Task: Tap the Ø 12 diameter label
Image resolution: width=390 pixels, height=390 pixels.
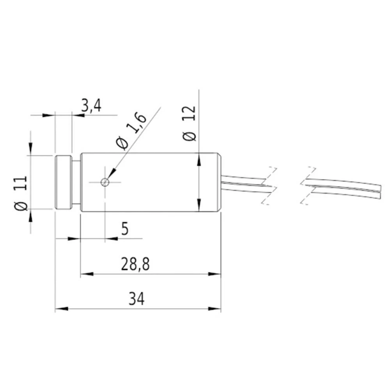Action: coord(190,123)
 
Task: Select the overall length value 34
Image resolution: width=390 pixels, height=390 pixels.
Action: coord(136,300)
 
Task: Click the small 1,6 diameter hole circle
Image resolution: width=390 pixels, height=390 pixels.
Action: coord(105,182)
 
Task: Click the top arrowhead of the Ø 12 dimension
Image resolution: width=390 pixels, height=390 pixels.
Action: coord(199,158)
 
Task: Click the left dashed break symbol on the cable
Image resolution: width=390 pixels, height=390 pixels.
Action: coord(269,186)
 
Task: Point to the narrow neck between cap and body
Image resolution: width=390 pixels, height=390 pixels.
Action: coord(76,182)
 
